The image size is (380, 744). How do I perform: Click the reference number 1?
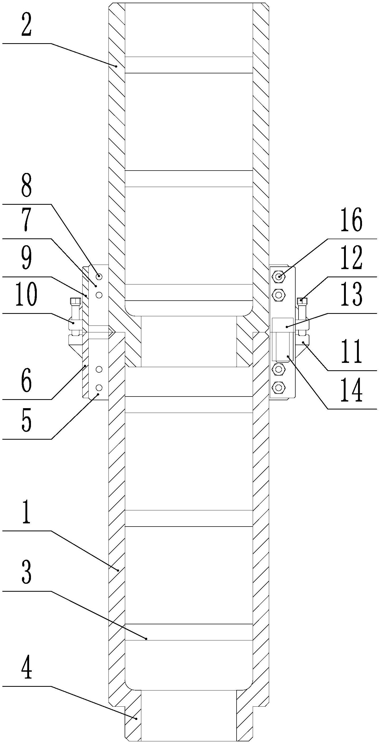(x=26, y=512)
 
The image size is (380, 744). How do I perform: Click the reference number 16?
(x=351, y=220)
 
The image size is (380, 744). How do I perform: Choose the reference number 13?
(x=351, y=295)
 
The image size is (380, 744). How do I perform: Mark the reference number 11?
(x=351, y=352)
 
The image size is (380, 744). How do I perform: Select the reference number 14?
(x=351, y=391)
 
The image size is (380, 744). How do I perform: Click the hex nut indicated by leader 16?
(x=279, y=277)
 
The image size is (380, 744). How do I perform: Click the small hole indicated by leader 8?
(x=99, y=276)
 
